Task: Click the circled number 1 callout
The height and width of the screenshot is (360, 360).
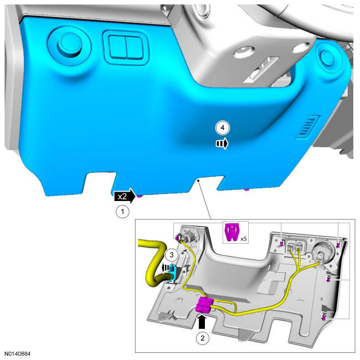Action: pyautogui.click(x=122, y=212)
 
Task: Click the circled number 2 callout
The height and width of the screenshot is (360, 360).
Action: pyautogui.click(x=202, y=338)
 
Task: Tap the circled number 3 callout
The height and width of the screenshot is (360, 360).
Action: pyautogui.click(x=172, y=255)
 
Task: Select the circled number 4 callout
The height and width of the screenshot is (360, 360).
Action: pyautogui.click(x=223, y=127)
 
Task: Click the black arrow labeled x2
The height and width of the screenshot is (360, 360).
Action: pyautogui.click(x=125, y=196)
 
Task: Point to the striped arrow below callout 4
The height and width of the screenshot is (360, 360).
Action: pyautogui.click(x=222, y=144)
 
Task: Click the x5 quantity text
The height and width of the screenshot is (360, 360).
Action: pyautogui.click(x=243, y=239)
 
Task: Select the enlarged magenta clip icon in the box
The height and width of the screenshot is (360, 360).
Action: pyautogui.click(x=232, y=233)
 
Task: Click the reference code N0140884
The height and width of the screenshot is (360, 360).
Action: pyautogui.click(x=18, y=353)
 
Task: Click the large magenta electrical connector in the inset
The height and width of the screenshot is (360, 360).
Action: pyautogui.click(x=204, y=305)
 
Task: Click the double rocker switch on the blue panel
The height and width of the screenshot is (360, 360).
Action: pyautogui.click(x=126, y=47)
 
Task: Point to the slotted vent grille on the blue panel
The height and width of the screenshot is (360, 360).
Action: pyautogui.click(x=307, y=126)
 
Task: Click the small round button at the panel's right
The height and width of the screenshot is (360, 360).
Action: pyautogui.click(x=327, y=57)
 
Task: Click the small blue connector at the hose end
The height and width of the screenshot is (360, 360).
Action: pyautogui.click(x=173, y=272)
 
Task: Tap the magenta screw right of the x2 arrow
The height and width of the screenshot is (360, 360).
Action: pyautogui.click(x=140, y=196)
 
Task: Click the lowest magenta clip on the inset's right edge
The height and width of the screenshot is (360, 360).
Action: pyautogui.click(x=324, y=317)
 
